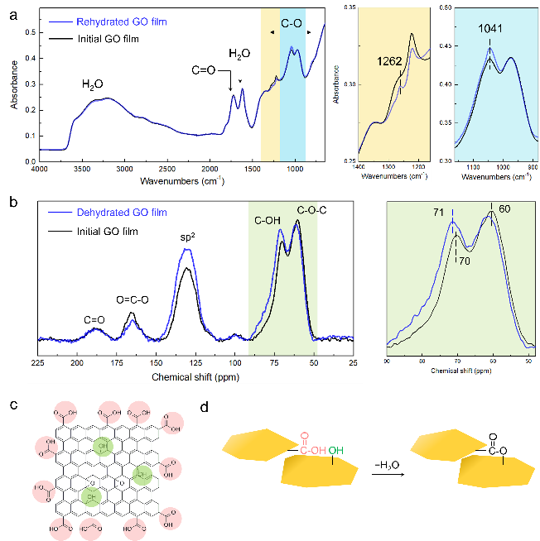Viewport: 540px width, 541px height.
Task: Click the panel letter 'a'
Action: pyautogui.click(x=12, y=14)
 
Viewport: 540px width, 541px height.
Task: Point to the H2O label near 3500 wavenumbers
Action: pyautogui.click(x=93, y=84)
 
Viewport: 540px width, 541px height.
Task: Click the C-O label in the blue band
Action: pyautogui.click(x=292, y=26)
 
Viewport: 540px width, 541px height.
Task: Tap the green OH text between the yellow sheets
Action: pyautogui.click(x=336, y=451)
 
